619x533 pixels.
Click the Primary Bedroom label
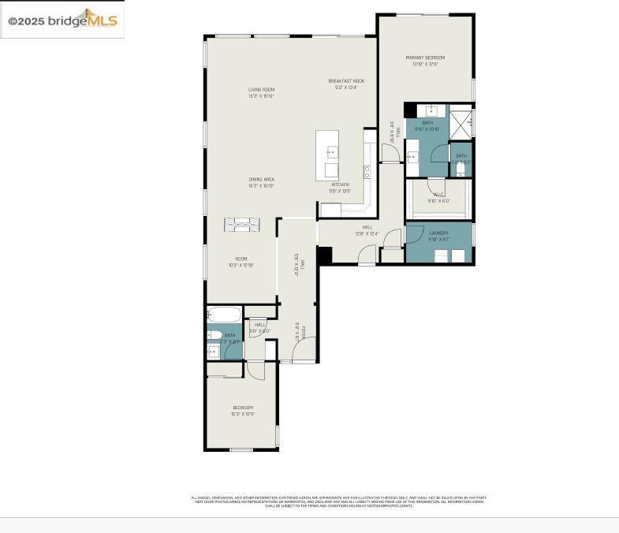tap(425, 61)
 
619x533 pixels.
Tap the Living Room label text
tap(261, 93)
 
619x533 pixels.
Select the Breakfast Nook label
tap(346, 84)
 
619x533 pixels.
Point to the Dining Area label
tap(261, 182)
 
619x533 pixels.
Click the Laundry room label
tap(438, 236)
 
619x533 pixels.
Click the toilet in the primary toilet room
tap(461, 169)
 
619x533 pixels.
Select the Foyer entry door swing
tap(305, 349)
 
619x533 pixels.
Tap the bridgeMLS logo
tap(62, 20)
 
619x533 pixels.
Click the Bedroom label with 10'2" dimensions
tap(242, 410)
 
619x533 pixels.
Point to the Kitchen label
tap(339, 188)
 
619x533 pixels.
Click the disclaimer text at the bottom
tap(339, 501)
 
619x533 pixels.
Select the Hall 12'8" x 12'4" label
tap(367, 230)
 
